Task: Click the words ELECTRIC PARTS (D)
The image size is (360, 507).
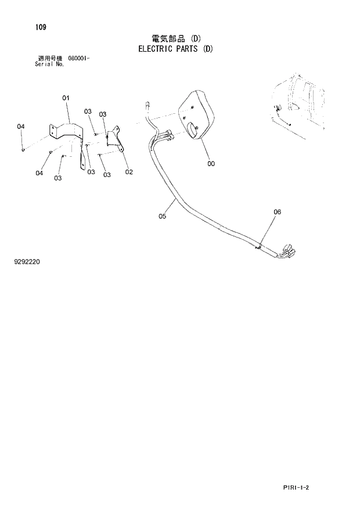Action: tap(175, 49)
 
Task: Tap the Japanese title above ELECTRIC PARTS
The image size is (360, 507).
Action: tap(176, 39)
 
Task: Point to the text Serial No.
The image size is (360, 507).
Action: tap(50, 64)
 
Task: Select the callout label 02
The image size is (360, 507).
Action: tap(129, 171)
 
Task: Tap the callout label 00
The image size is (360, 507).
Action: tap(211, 164)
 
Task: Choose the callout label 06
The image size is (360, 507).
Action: tap(277, 212)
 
